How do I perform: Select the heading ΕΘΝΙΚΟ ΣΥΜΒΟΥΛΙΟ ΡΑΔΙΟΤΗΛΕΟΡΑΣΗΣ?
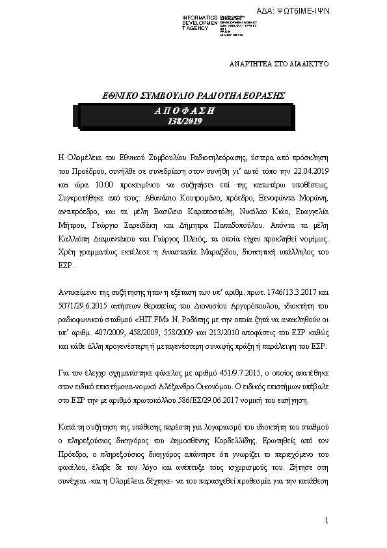195,96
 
